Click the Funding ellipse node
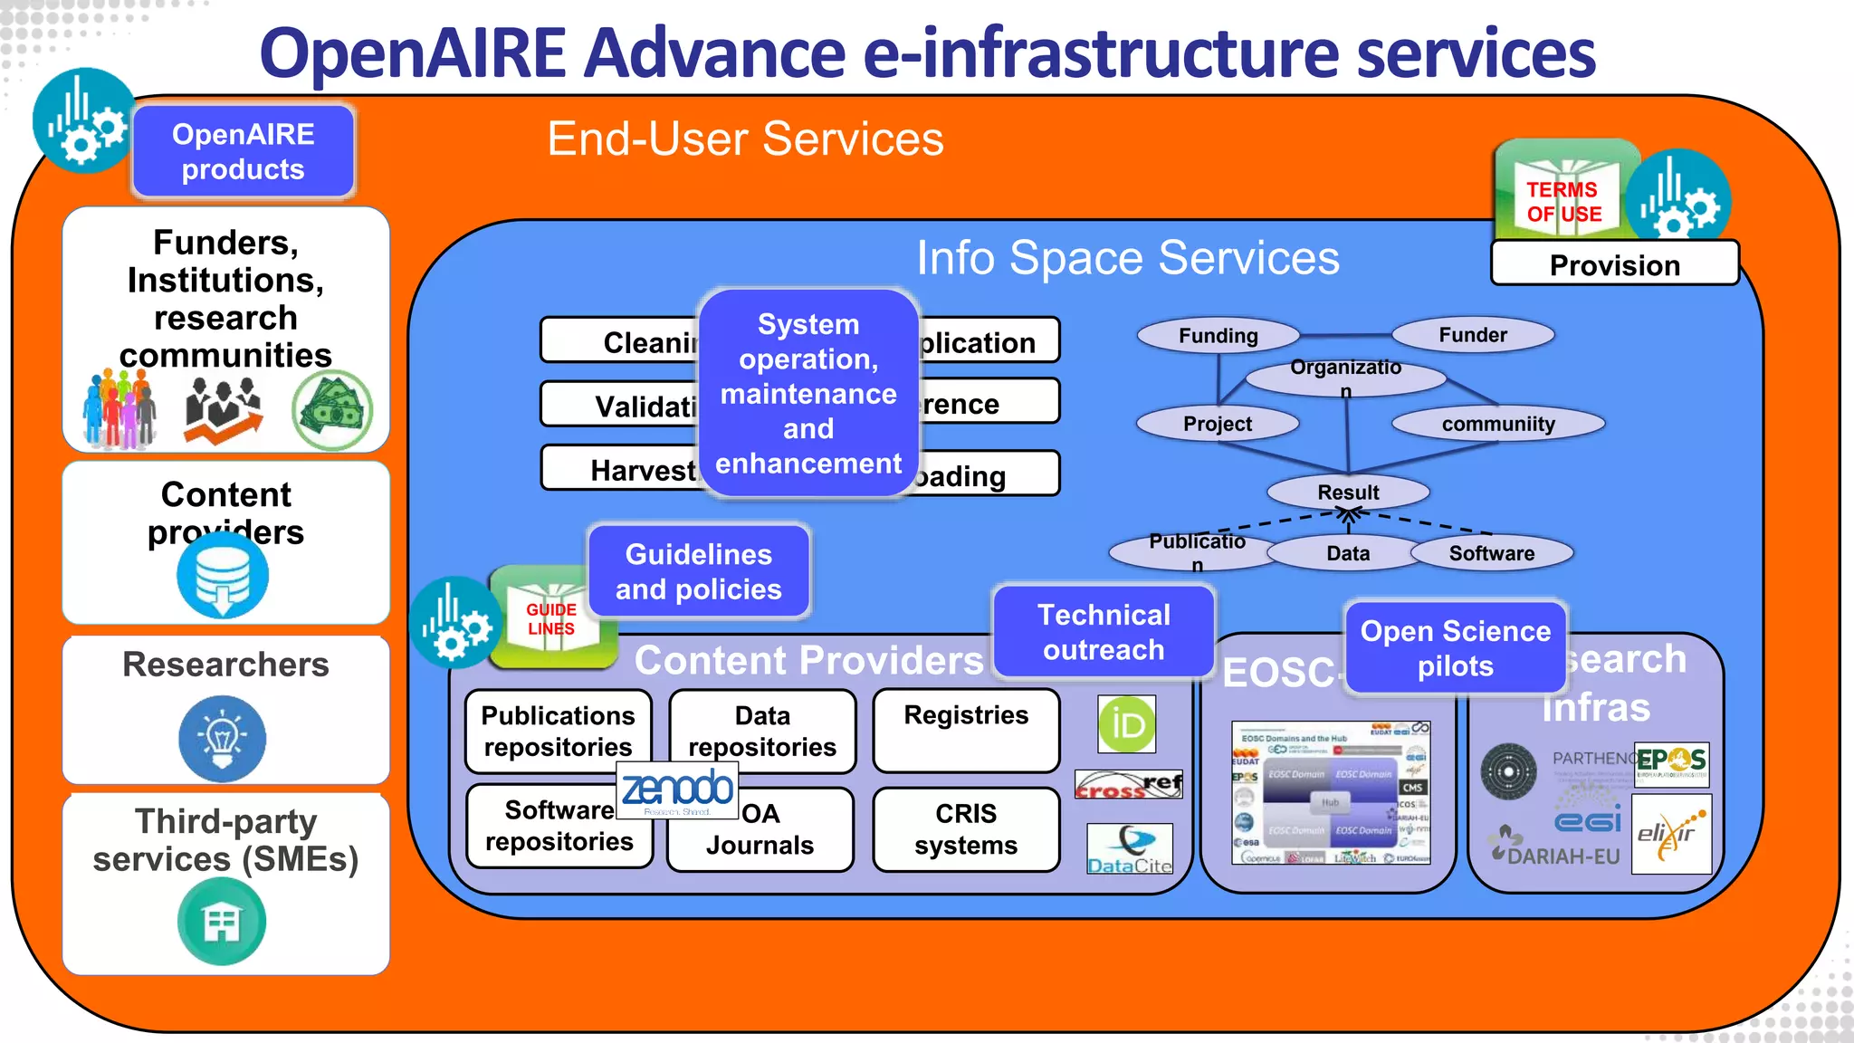coord(1218,336)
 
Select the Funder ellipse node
coord(1473,335)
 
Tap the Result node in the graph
coord(1348,493)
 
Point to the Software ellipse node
coord(1492,553)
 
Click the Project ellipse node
coord(1218,424)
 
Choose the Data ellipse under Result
coord(1348,553)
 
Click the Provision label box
coord(1614,264)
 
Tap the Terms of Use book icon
coord(1563,195)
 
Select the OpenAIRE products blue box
coord(243,152)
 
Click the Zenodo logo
coord(677,789)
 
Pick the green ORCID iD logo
coord(1127,724)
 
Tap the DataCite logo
coord(1130,849)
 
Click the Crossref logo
coord(1129,784)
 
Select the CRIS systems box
coord(966,829)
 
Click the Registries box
coord(966,730)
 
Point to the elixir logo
coord(1671,834)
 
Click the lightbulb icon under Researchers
coord(223,738)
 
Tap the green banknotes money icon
coord(332,410)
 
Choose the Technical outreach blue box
coord(1104,632)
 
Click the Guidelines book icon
coord(550,617)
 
